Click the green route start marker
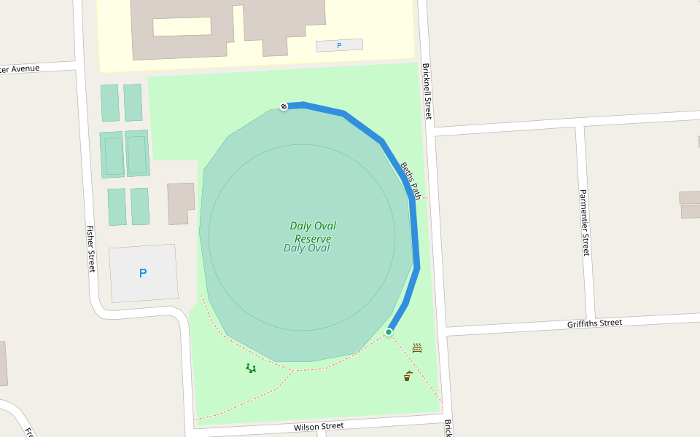(x=389, y=332)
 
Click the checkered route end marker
(x=284, y=106)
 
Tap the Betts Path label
(x=410, y=181)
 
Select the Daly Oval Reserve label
(x=313, y=232)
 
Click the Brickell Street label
(x=427, y=91)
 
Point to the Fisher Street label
(x=91, y=248)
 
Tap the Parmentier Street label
(x=584, y=223)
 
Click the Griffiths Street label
(x=594, y=323)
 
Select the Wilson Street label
(x=318, y=426)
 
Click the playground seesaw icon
(x=251, y=369)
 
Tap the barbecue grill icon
(x=417, y=348)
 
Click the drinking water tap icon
(x=407, y=376)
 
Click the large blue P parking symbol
(x=143, y=274)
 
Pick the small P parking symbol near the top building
(x=339, y=46)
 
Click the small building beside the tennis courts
(x=181, y=202)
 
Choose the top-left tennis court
(x=109, y=103)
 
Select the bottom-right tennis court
(x=140, y=206)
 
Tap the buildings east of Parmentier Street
(x=690, y=204)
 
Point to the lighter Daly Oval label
(x=307, y=248)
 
